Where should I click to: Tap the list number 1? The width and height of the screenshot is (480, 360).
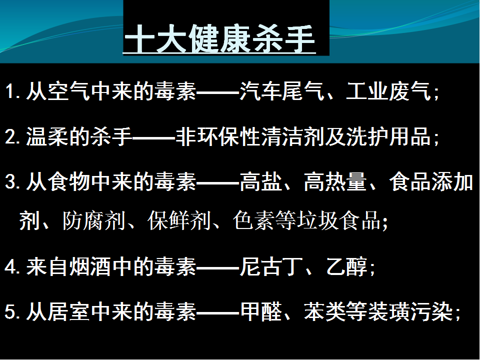tap(10, 92)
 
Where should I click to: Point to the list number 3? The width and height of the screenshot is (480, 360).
tap(11, 183)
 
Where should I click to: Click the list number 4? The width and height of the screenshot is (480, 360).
tap(11, 267)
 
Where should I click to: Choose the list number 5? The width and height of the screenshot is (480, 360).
tap(11, 312)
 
